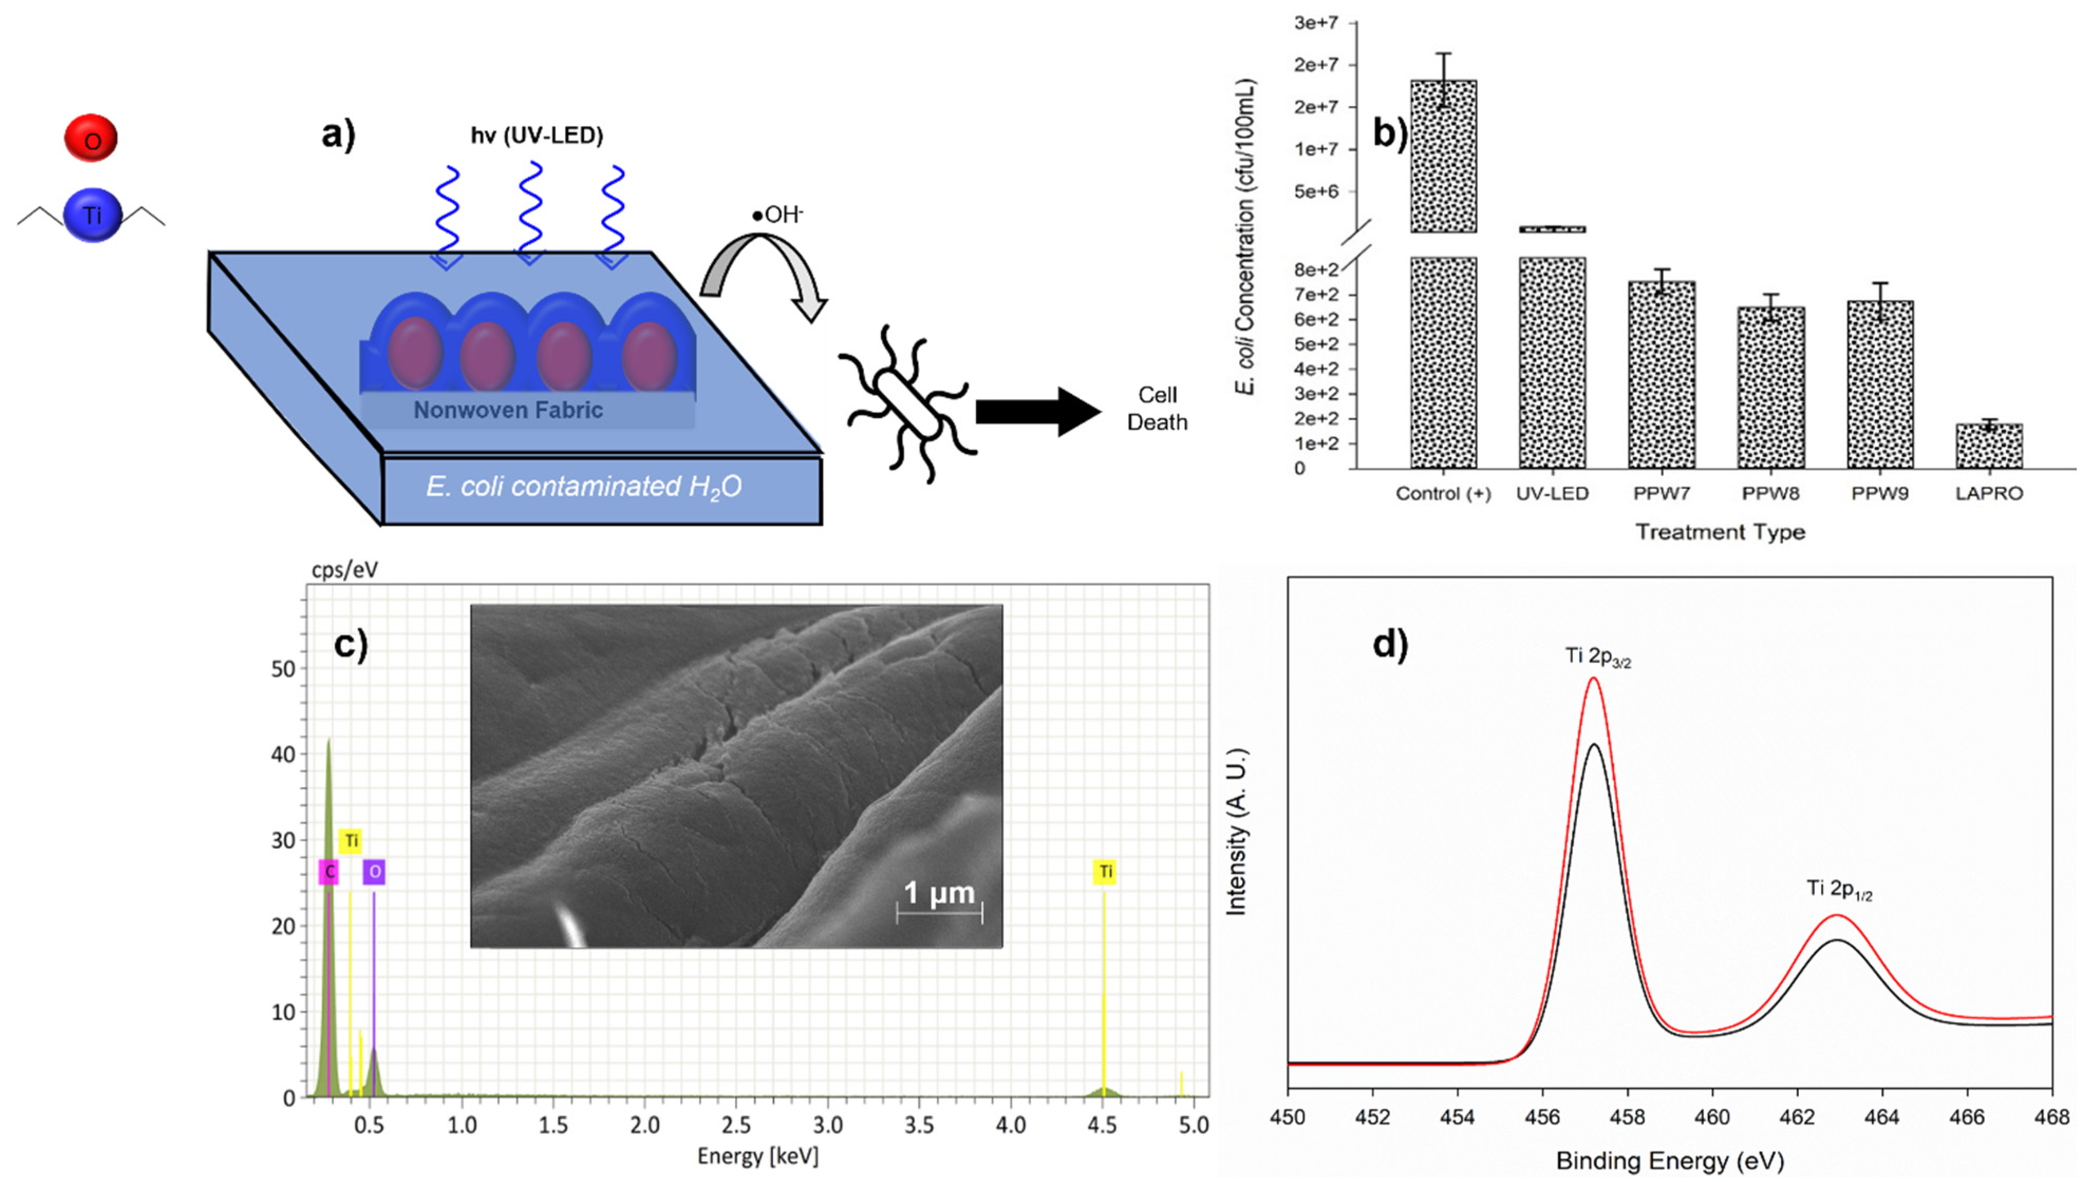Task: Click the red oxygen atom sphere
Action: [91, 138]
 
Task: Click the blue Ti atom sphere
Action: [92, 215]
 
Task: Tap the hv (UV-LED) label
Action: [537, 136]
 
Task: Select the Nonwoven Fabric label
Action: [509, 410]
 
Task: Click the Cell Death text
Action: [1157, 409]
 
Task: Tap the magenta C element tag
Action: [329, 872]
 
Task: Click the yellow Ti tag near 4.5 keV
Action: [1105, 872]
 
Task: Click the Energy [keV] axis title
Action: [758, 1156]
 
